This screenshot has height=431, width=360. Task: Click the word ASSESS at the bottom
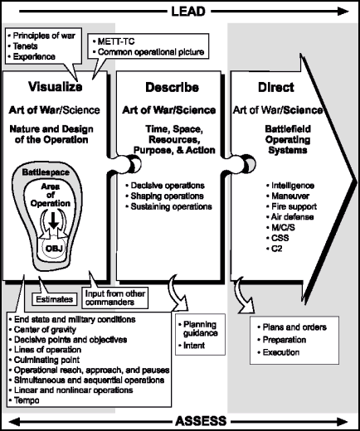point(180,421)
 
